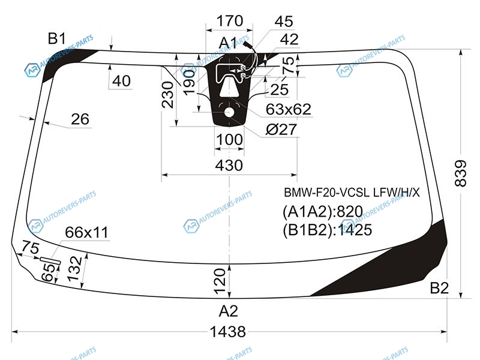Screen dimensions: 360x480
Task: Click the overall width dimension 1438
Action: click(x=229, y=331)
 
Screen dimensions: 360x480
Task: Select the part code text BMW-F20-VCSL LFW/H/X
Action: click(x=353, y=193)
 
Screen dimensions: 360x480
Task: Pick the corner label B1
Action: click(x=57, y=40)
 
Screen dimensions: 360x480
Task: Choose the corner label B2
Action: click(x=439, y=289)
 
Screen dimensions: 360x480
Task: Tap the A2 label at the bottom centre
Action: click(x=228, y=311)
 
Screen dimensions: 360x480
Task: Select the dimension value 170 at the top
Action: click(x=229, y=21)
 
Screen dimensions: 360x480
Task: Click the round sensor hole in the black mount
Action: click(x=229, y=112)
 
